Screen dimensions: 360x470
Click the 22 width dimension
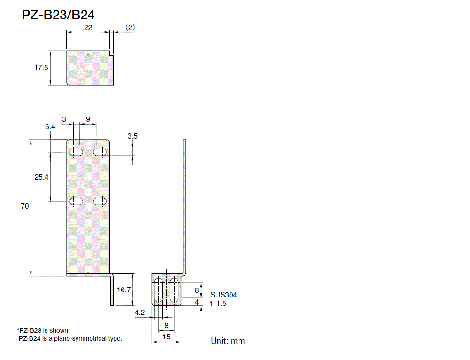click(88, 28)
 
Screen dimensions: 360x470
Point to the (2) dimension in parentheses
click(130, 28)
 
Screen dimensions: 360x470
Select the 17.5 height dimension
click(41, 68)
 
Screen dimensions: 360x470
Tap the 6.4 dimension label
click(50, 127)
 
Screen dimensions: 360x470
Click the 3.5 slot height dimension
click(132, 136)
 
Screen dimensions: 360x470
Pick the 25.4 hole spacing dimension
click(41, 177)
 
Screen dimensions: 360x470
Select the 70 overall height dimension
click(25, 206)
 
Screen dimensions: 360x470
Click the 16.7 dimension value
click(123, 290)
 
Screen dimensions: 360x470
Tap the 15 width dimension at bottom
click(166, 337)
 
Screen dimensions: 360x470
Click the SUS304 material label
click(223, 295)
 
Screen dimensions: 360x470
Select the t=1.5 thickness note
click(219, 304)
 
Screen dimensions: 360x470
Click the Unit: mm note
click(228, 341)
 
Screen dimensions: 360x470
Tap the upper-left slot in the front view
click(76, 152)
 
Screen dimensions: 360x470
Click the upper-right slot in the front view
click(99, 152)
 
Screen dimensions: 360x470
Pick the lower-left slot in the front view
click(76, 202)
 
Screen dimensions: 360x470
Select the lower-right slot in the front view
click(99, 202)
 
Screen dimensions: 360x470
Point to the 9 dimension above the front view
click(88, 119)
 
